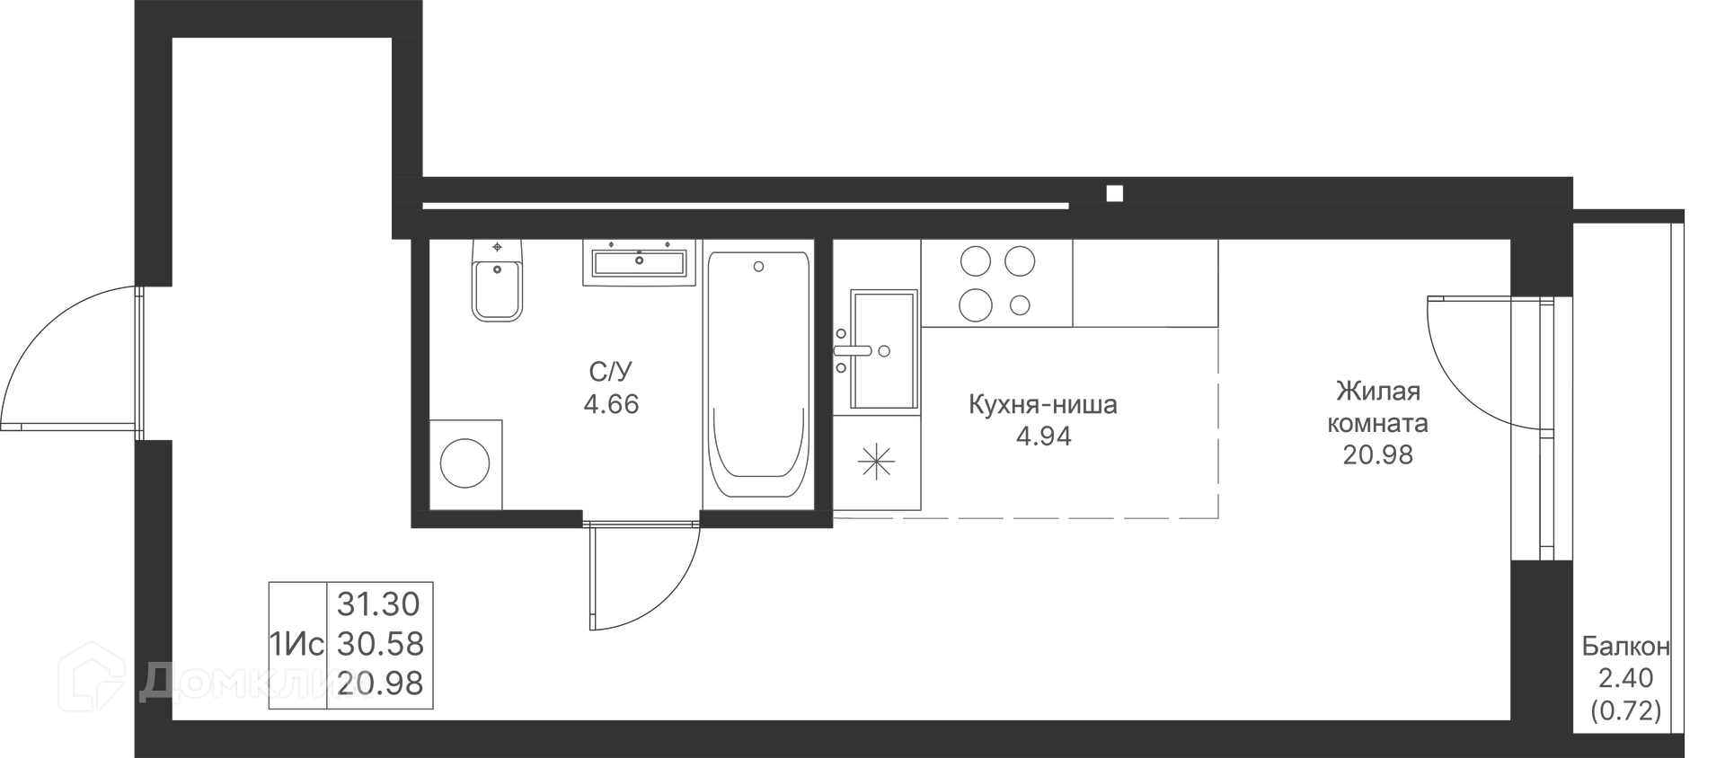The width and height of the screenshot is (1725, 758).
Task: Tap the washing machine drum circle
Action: tap(464, 463)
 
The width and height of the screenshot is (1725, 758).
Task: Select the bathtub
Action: tap(758, 375)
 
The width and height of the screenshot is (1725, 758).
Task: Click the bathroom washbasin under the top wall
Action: tap(639, 262)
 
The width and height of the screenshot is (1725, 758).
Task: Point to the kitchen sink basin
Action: tap(883, 349)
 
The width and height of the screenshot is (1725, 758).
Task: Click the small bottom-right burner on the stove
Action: tap(1020, 305)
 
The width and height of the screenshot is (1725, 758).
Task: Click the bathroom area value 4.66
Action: tap(611, 404)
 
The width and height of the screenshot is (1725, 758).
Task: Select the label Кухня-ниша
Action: tap(1043, 405)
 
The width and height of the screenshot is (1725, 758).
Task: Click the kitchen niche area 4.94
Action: tap(1043, 436)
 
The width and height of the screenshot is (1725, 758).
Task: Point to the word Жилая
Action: tap(1377, 392)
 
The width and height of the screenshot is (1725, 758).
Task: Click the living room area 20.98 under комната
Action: tap(1378, 455)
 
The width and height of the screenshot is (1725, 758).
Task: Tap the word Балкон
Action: tap(1626, 646)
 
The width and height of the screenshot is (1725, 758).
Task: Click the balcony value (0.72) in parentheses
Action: tap(1626, 711)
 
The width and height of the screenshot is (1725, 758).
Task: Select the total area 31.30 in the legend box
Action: tap(378, 604)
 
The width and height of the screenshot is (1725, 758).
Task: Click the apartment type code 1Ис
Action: tap(296, 645)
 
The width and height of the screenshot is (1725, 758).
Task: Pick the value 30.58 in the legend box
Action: tap(380, 644)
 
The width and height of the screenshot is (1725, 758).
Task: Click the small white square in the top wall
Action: tap(1115, 193)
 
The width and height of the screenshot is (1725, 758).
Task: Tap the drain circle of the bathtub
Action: tap(759, 267)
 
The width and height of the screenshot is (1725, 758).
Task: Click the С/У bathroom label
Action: tap(611, 372)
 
